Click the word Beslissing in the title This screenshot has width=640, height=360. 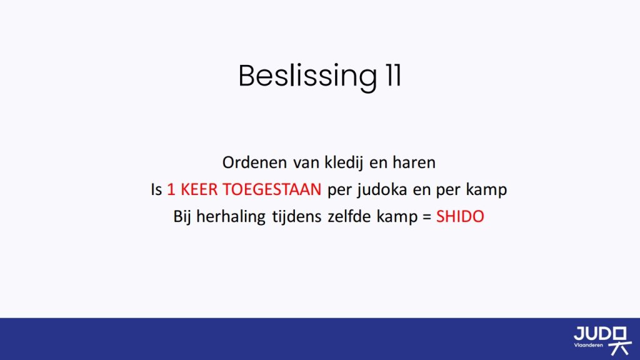point(307,76)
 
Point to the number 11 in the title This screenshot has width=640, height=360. point(393,75)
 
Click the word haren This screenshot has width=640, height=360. point(414,162)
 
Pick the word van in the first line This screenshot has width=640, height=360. point(306,163)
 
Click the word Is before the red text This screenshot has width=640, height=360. point(157,190)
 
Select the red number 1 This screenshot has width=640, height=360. point(171,190)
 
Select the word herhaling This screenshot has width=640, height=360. point(231,217)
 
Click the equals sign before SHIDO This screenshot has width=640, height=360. point(427,217)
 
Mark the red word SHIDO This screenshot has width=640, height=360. point(460,216)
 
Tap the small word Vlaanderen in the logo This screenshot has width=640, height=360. point(588,345)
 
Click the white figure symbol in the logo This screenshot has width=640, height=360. point(620,341)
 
